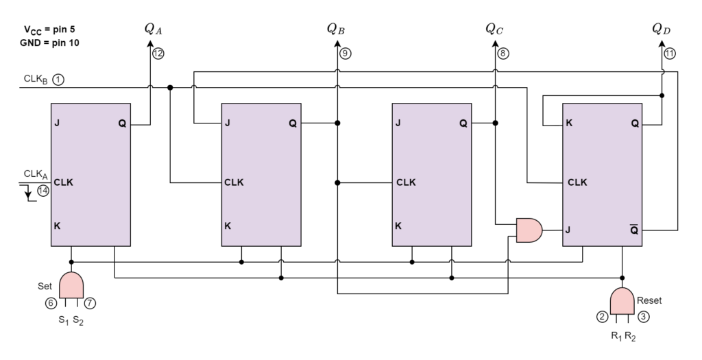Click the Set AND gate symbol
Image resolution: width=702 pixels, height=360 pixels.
click(71, 285)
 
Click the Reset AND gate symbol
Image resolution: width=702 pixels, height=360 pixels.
click(622, 301)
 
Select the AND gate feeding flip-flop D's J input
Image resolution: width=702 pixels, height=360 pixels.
click(529, 230)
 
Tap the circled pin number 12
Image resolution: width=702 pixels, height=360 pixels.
click(158, 53)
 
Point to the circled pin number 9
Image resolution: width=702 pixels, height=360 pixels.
click(346, 53)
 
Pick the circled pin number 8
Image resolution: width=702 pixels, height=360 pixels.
click(503, 53)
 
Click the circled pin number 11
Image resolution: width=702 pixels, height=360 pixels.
click(670, 53)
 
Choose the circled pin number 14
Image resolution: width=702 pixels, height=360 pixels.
click(43, 191)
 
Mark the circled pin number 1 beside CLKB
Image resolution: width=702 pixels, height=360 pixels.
click(59, 80)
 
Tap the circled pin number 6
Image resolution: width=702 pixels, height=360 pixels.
click(51, 303)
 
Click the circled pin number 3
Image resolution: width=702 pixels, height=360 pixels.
click(643, 317)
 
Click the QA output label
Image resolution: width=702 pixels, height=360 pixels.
click(153, 29)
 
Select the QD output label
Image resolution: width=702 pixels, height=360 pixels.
click(662, 29)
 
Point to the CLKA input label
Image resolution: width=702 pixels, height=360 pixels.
click(36, 174)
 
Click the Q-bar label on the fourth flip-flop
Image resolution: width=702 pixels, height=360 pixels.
click(634, 230)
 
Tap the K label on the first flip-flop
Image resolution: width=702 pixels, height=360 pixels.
click(58, 226)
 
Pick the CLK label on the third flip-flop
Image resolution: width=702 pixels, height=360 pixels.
click(406, 182)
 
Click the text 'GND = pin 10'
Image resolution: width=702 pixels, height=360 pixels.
click(49, 43)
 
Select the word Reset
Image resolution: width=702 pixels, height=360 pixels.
click(649, 300)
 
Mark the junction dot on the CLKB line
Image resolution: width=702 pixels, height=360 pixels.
click(170, 88)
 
